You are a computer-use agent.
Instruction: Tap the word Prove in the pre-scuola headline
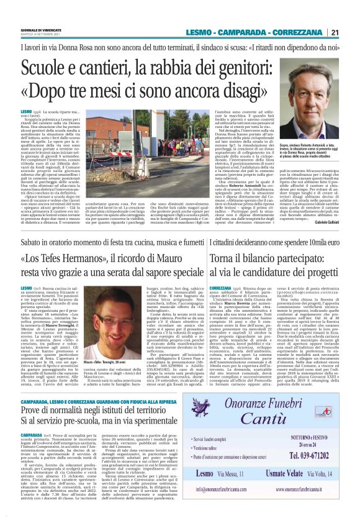(34, 394)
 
